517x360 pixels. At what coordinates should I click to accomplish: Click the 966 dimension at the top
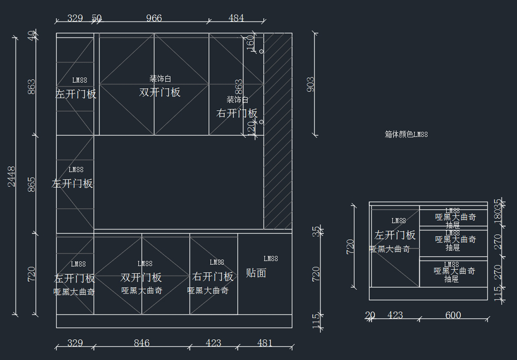[x=154, y=18]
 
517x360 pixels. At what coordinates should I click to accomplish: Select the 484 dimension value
[x=236, y=18]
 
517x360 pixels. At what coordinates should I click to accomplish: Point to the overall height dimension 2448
[x=12, y=176]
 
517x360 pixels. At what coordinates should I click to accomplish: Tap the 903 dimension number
[x=311, y=84]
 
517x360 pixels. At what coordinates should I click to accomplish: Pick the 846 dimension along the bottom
[x=141, y=343]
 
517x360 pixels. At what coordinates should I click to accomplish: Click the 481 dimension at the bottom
[x=265, y=343]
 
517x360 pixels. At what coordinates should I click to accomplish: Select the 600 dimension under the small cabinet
[x=453, y=315]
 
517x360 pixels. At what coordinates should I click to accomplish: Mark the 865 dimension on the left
[x=32, y=184]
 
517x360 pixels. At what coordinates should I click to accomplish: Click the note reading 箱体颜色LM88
[x=406, y=134]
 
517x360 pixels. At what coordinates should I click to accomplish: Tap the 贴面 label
[x=256, y=273]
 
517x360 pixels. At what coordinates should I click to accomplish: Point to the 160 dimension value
[x=250, y=43]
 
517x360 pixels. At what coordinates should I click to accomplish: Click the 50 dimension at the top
[x=97, y=18]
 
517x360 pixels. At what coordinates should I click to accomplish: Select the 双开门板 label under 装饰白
[x=160, y=92]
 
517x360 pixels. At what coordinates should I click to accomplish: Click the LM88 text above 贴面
[x=271, y=258]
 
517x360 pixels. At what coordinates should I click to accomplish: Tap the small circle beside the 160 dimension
[x=261, y=51]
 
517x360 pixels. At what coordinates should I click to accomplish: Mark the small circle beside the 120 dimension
[x=261, y=122]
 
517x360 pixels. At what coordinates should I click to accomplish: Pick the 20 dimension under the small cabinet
[x=370, y=315]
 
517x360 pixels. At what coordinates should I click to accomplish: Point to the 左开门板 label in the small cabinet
[x=395, y=235]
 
